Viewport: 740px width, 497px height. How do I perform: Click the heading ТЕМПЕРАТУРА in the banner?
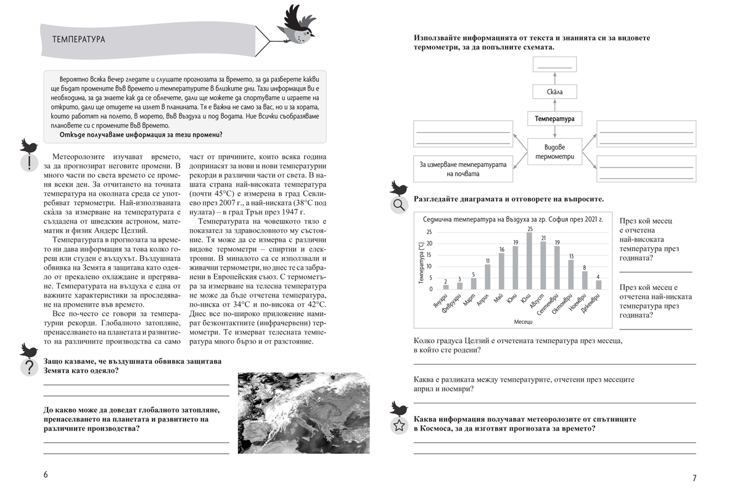pyautogui.click(x=78, y=39)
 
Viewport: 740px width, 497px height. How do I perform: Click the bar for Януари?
pyautogui.click(x=446, y=287)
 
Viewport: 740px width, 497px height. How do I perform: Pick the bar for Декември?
pyautogui.click(x=598, y=285)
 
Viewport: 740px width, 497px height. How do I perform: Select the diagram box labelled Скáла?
pyautogui.click(x=554, y=92)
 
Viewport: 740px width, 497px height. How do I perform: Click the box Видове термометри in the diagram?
pyautogui.click(x=554, y=152)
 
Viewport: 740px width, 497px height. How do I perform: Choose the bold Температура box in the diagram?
pyautogui.click(x=554, y=118)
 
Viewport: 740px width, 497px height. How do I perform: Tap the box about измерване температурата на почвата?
pyautogui.click(x=462, y=169)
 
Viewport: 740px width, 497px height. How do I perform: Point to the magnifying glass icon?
pyautogui.click(x=398, y=205)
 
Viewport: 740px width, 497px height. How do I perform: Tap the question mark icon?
pyautogui.click(x=28, y=368)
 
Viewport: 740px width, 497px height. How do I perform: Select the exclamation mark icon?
pyautogui.click(x=28, y=162)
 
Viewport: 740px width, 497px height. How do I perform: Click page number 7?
pyautogui.click(x=694, y=478)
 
